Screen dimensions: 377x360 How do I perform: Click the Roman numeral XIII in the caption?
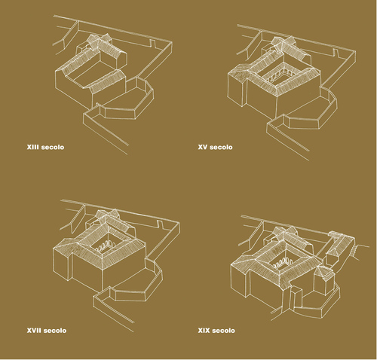tap(32, 147)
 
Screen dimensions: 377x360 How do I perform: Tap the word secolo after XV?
tap(221, 147)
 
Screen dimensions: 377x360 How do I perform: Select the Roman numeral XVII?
tap(34, 331)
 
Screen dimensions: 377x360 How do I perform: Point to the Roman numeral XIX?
tap(204, 331)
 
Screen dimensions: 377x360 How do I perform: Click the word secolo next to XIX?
tap(223, 331)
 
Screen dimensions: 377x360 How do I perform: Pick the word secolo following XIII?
tap(53, 147)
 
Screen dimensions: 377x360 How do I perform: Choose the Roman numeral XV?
tap(203, 147)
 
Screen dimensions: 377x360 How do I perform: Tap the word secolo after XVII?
tap(55, 331)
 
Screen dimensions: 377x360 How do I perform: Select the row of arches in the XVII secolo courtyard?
tap(106, 245)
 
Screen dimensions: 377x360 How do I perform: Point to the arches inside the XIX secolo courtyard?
tap(281, 262)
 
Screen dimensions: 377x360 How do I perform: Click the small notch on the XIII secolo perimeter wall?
tap(153, 43)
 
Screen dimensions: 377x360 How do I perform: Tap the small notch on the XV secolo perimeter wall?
tap(336, 52)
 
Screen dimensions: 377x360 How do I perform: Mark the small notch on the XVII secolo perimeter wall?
tap(160, 224)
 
